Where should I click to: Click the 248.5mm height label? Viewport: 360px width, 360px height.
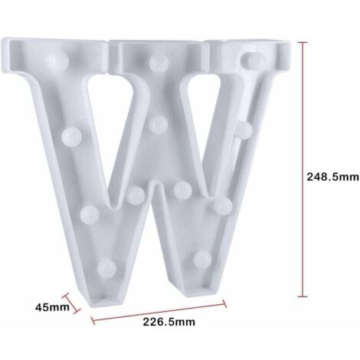(332, 177)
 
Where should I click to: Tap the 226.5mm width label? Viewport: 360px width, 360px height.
(169, 322)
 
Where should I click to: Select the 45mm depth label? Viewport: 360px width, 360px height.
(52, 307)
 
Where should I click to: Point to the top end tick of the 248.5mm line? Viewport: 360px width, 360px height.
(303, 42)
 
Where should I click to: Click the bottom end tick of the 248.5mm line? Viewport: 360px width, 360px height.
(303, 296)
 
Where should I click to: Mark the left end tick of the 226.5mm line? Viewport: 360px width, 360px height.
(93, 320)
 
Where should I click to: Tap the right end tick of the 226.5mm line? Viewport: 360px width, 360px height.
(224, 303)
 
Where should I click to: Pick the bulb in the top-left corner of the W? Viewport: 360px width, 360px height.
(59, 60)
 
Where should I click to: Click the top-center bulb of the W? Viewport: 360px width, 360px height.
(159, 63)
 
